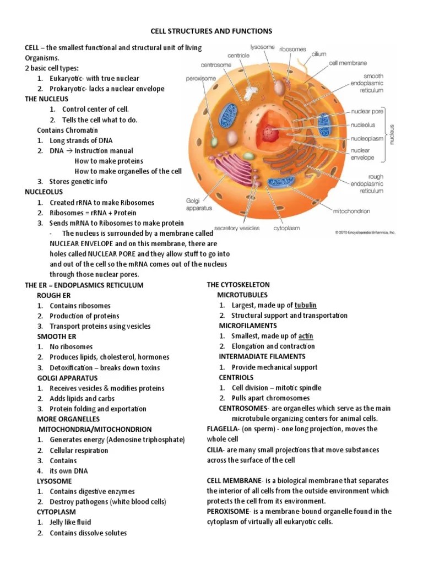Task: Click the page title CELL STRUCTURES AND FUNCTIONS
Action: [x=211, y=31]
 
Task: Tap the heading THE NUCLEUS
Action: [x=46, y=99]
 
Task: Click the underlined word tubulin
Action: [x=306, y=305]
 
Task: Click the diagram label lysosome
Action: [x=262, y=47]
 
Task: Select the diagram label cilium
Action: [x=319, y=55]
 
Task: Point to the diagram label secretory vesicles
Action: [x=237, y=226]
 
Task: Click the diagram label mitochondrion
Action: [x=351, y=211]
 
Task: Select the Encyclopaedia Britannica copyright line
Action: [x=365, y=232]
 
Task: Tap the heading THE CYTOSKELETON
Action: [x=238, y=285]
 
